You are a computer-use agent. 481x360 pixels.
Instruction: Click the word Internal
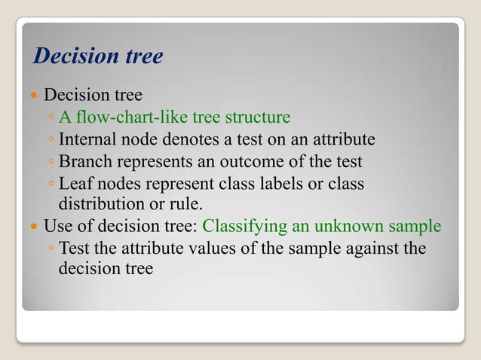[x=84, y=139]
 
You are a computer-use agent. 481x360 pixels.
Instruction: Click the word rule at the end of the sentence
[x=188, y=204]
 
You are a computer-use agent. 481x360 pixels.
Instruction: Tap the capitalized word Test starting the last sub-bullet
[x=73, y=248]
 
